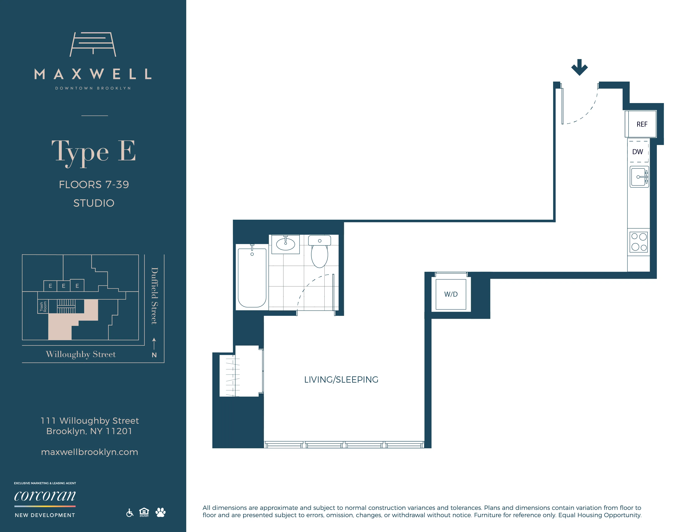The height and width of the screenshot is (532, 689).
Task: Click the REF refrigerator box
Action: point(641,124)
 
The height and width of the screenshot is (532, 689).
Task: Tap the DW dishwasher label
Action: point(638,152)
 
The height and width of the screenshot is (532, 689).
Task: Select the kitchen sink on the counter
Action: point(639,177)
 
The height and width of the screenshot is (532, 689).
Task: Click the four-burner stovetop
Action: point(639,242)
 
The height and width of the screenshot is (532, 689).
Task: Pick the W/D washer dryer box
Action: point(451,294)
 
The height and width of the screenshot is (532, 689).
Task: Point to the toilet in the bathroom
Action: point(319,252)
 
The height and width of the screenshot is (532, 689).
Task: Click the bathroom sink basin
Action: point(285,244)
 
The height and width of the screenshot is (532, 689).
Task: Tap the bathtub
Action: point(252,277)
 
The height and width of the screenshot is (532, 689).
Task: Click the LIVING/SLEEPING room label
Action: point(341,379)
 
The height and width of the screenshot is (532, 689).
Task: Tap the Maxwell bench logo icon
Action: point(93,44)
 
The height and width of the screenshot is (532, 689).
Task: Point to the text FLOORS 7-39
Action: point(94,184)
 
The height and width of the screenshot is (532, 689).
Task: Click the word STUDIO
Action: point(94,203)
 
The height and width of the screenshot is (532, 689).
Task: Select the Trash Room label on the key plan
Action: point(43,306)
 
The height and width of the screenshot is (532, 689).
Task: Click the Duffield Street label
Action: point(154,296)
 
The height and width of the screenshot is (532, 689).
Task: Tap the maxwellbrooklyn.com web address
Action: point(90,452)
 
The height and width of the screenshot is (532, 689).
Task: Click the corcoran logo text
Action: point(45,496)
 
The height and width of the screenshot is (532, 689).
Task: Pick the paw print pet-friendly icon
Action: point(160,512)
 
